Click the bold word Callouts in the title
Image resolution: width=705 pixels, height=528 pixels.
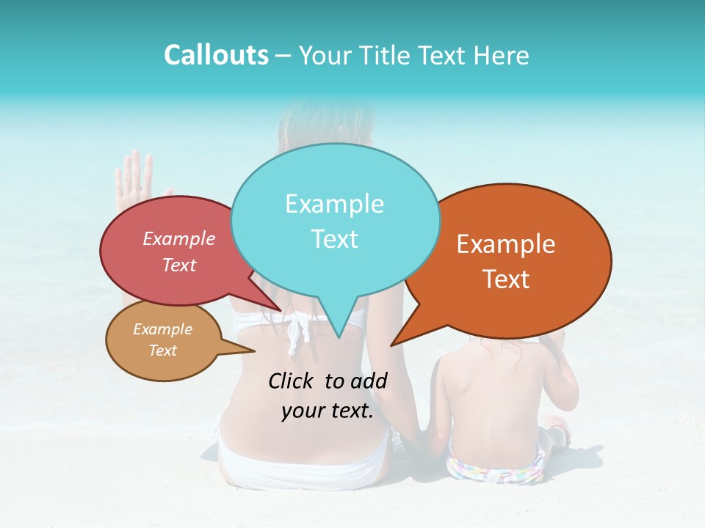(216, 55)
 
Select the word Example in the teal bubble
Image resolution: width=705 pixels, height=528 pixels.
(334, 204)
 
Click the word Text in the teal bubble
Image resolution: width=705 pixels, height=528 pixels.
(334, 239)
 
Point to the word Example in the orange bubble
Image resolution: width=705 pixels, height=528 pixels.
(506, 244)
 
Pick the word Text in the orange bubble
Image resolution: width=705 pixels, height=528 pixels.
(507, 279)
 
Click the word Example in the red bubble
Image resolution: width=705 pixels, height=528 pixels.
(178, 238)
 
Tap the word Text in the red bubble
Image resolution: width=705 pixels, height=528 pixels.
(178, 265)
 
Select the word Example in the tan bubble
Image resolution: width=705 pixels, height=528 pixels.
(162, 329)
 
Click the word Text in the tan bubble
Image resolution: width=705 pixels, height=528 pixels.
(162, 351)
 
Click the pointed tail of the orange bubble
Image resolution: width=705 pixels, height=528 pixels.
(394, 343)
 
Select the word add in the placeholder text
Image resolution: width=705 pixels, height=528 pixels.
(369, 381)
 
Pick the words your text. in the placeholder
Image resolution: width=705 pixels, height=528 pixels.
(328, 411)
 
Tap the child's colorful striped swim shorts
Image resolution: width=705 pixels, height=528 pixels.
(496, 468)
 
